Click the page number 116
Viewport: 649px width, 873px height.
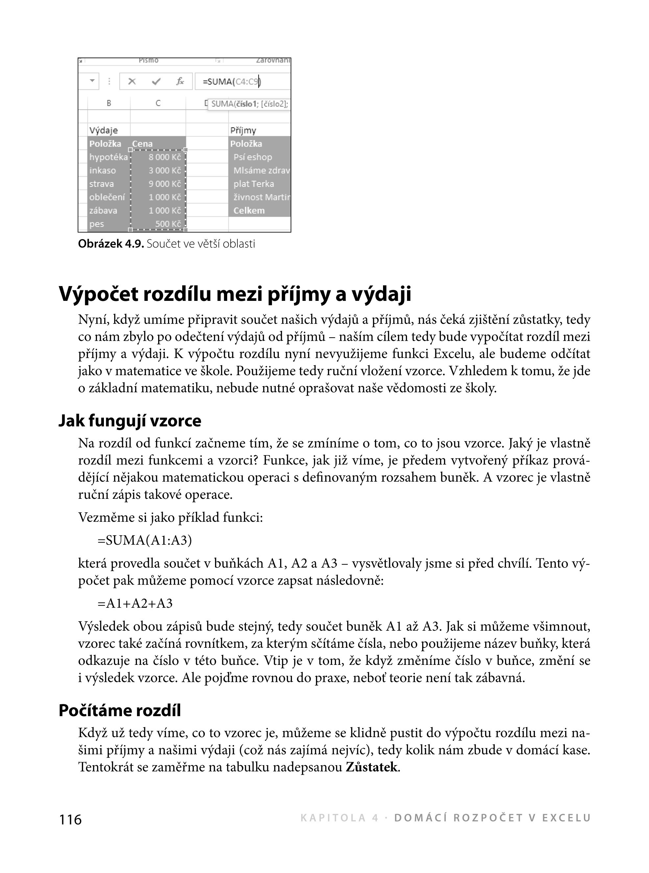pos(70,819)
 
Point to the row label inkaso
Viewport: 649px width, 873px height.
pos(103,171)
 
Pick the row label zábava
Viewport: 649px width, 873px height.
pos(103,210)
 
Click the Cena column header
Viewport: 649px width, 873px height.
pos(143,144)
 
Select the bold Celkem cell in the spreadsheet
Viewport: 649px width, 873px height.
pos(249,210)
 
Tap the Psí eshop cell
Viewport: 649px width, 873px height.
pos(252,157)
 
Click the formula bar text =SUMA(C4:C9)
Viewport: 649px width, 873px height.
pos(231,82)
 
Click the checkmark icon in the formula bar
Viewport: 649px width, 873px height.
pos(156,82)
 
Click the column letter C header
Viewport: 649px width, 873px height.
pos(158,103)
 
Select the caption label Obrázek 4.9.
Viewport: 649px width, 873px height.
pos(111,244)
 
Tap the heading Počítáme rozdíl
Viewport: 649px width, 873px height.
pos(119,710)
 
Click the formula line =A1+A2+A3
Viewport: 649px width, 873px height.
pos(135,603)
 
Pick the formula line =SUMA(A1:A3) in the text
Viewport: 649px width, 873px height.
pos(145,541)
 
